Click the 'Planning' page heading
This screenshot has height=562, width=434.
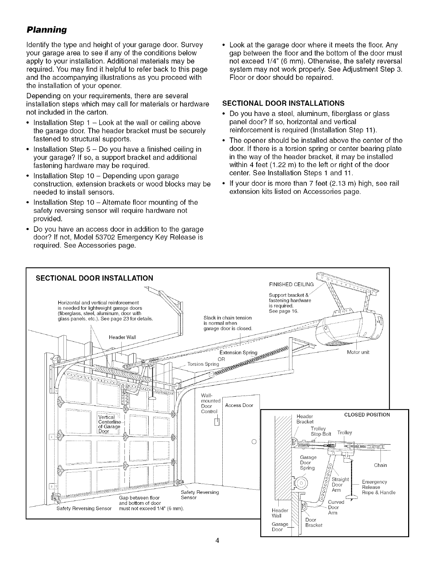click(47, 29)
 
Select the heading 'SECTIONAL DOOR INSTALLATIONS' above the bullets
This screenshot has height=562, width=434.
click(283, 103)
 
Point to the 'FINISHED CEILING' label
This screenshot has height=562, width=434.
click(291, 284)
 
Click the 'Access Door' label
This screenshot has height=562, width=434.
click(239, 405)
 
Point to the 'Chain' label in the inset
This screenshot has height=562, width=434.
click(380, 465)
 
